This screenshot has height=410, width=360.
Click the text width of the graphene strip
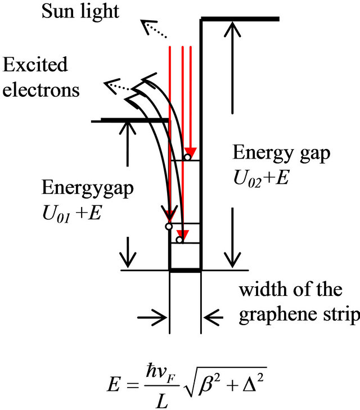[299, 303]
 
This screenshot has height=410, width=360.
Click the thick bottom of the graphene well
[185, 271]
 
